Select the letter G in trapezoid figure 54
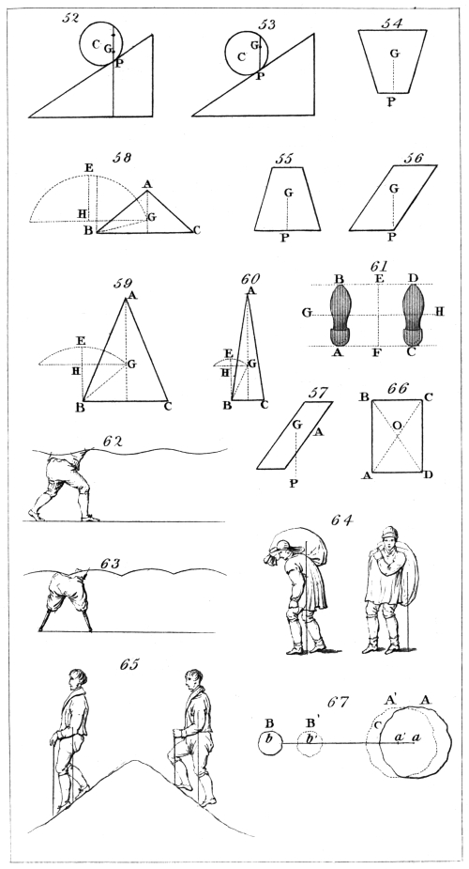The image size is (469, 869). pyautogui.click(x=394, y=54)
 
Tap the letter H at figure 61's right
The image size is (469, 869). pyautogui.click(x=440, y=312)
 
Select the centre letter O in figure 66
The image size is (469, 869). pyautogui.click(x=396, y=425)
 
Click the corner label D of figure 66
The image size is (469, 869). pyautogui.click(x=428, y=475)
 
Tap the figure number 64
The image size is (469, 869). pyautogui.click(x=343, y=520)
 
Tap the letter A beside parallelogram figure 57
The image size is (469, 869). pyautogui.click(x=317, y=433)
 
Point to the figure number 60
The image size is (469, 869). pyautogui.click(x=250, y=278)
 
